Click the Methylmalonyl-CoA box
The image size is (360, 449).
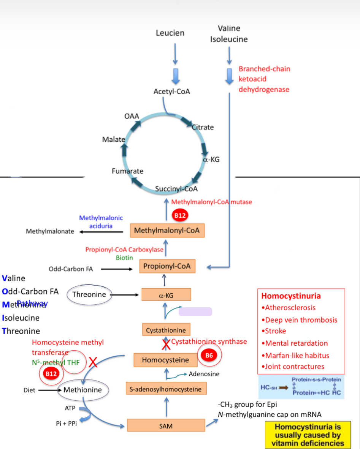(167, 230)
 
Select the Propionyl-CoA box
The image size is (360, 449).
(167, 266)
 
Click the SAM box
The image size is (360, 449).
(165, 426)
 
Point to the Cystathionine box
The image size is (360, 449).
(166, 330)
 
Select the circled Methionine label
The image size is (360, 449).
(83, 390)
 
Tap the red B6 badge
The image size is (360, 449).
(209, 356)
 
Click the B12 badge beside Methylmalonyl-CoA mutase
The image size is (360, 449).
(179, 215)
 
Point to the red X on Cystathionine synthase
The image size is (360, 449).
(166, 344)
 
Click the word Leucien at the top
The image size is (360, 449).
(170, 33)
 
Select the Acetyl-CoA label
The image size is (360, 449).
(172, 92)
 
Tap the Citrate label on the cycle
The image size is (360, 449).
(203, 127)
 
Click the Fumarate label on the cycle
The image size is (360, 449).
(127, 171)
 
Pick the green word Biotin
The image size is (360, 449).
(124, 258)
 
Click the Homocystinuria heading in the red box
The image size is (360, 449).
(291, 296)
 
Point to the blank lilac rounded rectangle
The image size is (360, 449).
(195, 311)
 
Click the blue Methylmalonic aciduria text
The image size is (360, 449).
(101, 222)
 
